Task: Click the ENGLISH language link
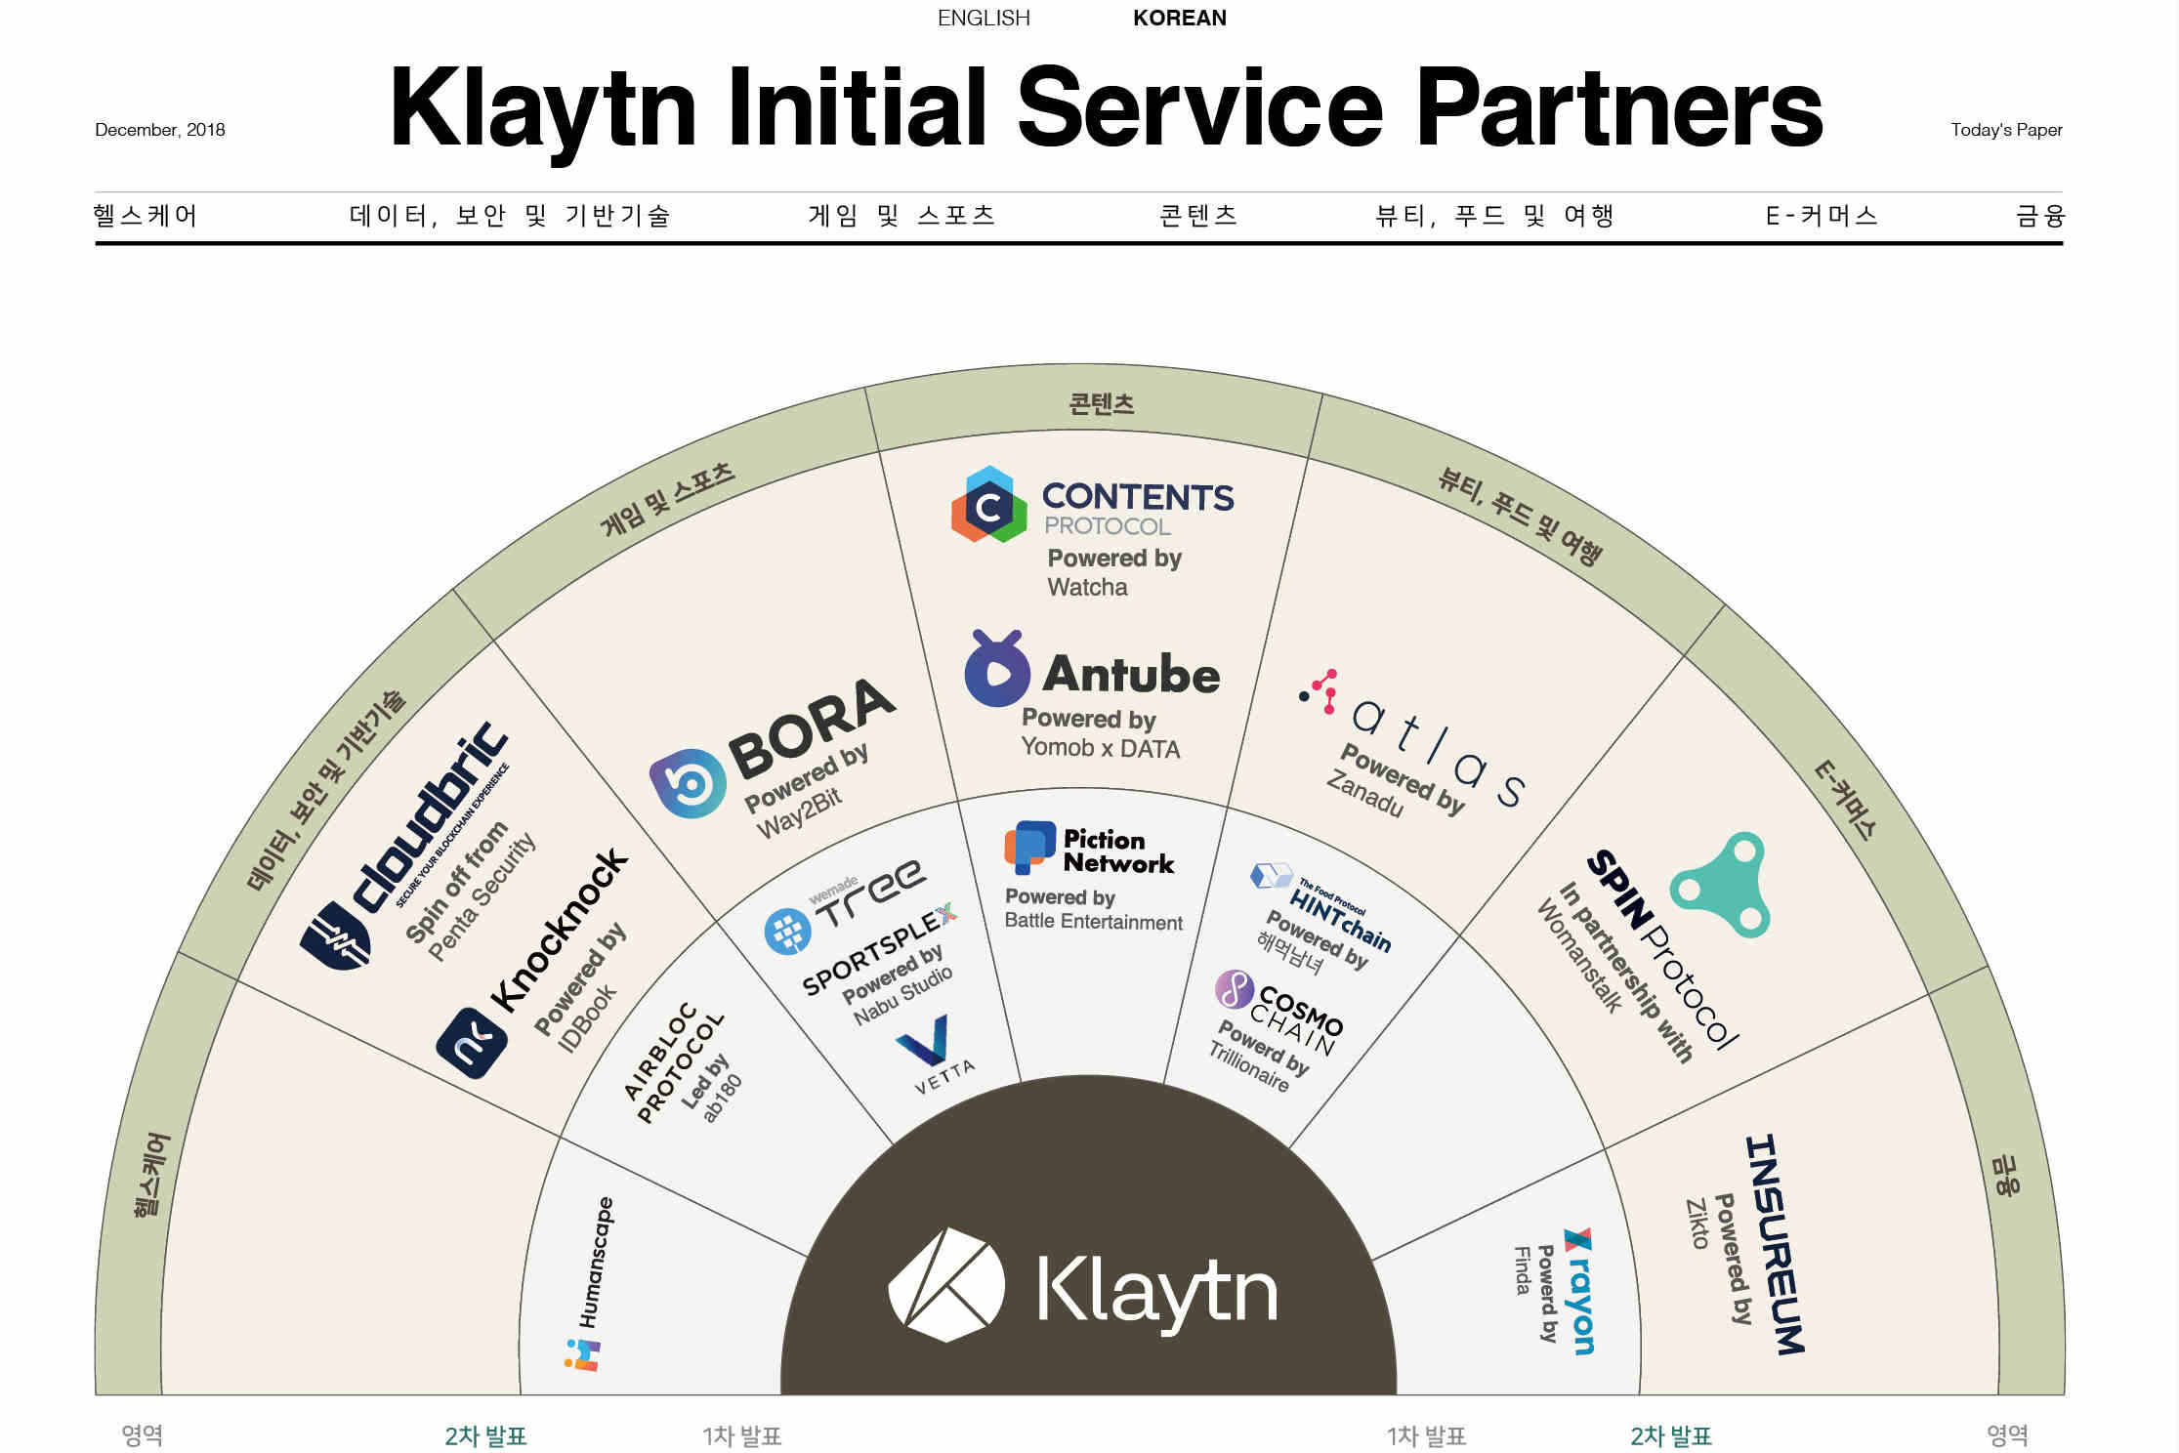[x=983, y=19]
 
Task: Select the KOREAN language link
[x=1179, y=19]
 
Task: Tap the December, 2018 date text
[x=160, y=130]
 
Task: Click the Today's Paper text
[x=2006, y=130]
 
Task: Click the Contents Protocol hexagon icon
[x=988, y=505]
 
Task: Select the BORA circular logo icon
[x=688, y=782]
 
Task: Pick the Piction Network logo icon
[x=1029, y=847]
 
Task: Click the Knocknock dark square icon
[x=472, y=1043]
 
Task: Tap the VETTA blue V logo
[x=926, y=1041]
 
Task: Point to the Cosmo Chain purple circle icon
[x=1234, y=989]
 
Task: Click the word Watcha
[x=1087, y=587]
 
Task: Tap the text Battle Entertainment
[x=1093, y=922]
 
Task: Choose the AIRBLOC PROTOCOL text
[x=674, y=1063]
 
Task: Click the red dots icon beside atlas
[x=1320, y=691]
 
